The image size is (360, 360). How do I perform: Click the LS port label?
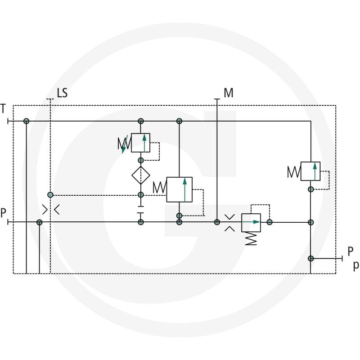click(62, 93)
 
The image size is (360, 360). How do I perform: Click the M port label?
click(229, 93)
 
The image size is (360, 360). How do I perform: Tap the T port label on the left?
click(3, 108)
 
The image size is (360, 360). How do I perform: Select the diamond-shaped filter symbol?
click(141, 175)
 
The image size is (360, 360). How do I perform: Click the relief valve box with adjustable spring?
click(140, 143)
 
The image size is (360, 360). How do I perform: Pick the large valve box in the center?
click(179, 189)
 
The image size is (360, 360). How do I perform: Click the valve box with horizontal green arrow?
click(251, 223)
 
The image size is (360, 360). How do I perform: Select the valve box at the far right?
click(310, 171)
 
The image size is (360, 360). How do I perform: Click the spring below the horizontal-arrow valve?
click(251, 238)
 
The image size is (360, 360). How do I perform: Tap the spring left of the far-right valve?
click(294, 172)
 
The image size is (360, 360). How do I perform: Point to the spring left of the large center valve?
click(160, 187)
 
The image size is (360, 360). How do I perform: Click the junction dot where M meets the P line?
click(217, 222)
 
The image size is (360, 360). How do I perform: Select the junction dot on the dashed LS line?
click(50, 195)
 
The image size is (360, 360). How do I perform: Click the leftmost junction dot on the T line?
click(27, 121)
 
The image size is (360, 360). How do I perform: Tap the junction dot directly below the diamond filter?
click(141, 195)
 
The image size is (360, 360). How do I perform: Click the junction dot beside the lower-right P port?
click(310, 258)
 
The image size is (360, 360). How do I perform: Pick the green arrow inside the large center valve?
click(185, 190)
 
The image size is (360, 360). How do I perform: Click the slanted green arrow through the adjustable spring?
click(125, 144)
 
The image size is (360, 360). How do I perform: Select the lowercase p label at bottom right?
click(356, 265)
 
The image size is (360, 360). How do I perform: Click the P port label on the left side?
click(3, 212)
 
